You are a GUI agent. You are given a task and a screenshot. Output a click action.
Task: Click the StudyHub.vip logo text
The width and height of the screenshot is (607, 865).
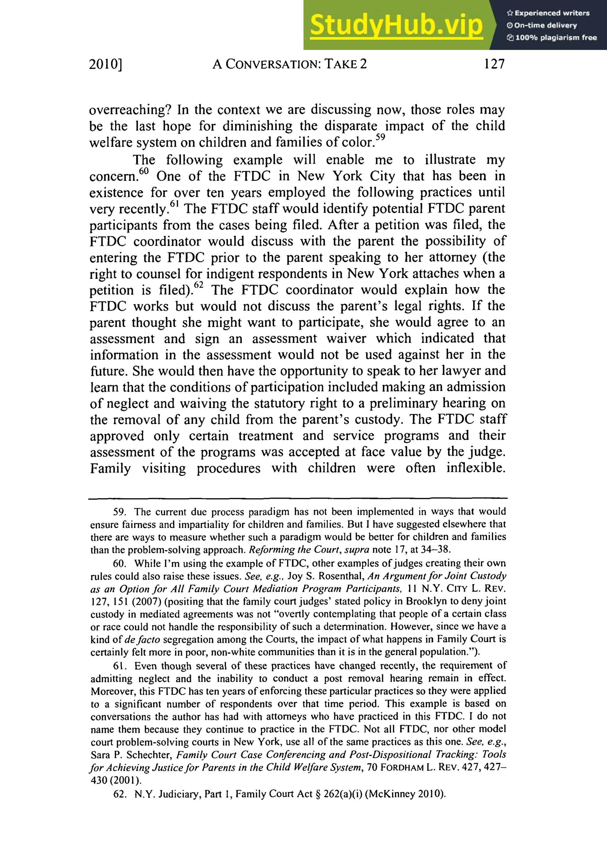[x=396, y=25]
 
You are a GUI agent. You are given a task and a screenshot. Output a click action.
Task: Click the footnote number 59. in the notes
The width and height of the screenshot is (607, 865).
[x=121, y=512]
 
